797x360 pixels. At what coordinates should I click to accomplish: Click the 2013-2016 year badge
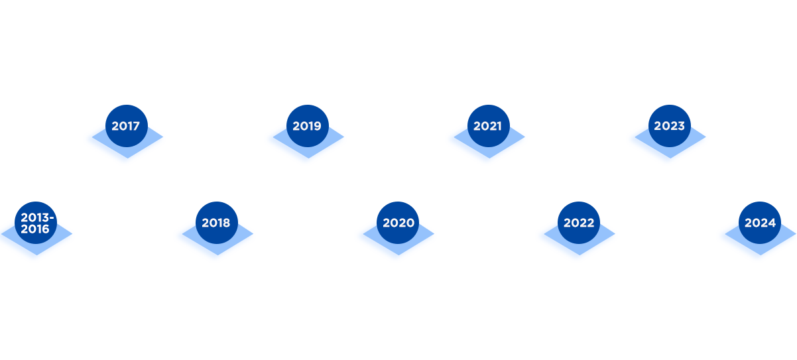tap(35, 223)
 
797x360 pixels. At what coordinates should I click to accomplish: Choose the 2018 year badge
tap(216, 223)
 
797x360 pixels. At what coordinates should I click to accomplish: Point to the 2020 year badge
tap(398, 223)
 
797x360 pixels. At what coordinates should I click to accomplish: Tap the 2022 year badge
tap(579, 223)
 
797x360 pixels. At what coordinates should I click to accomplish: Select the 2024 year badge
tap(760, 223)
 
